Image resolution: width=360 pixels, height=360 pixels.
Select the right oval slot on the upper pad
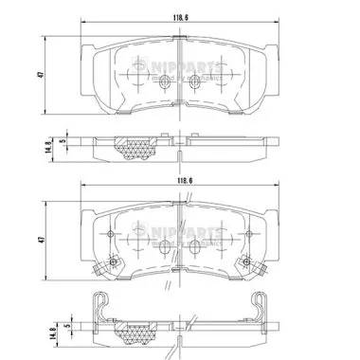[x=196, y=84]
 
